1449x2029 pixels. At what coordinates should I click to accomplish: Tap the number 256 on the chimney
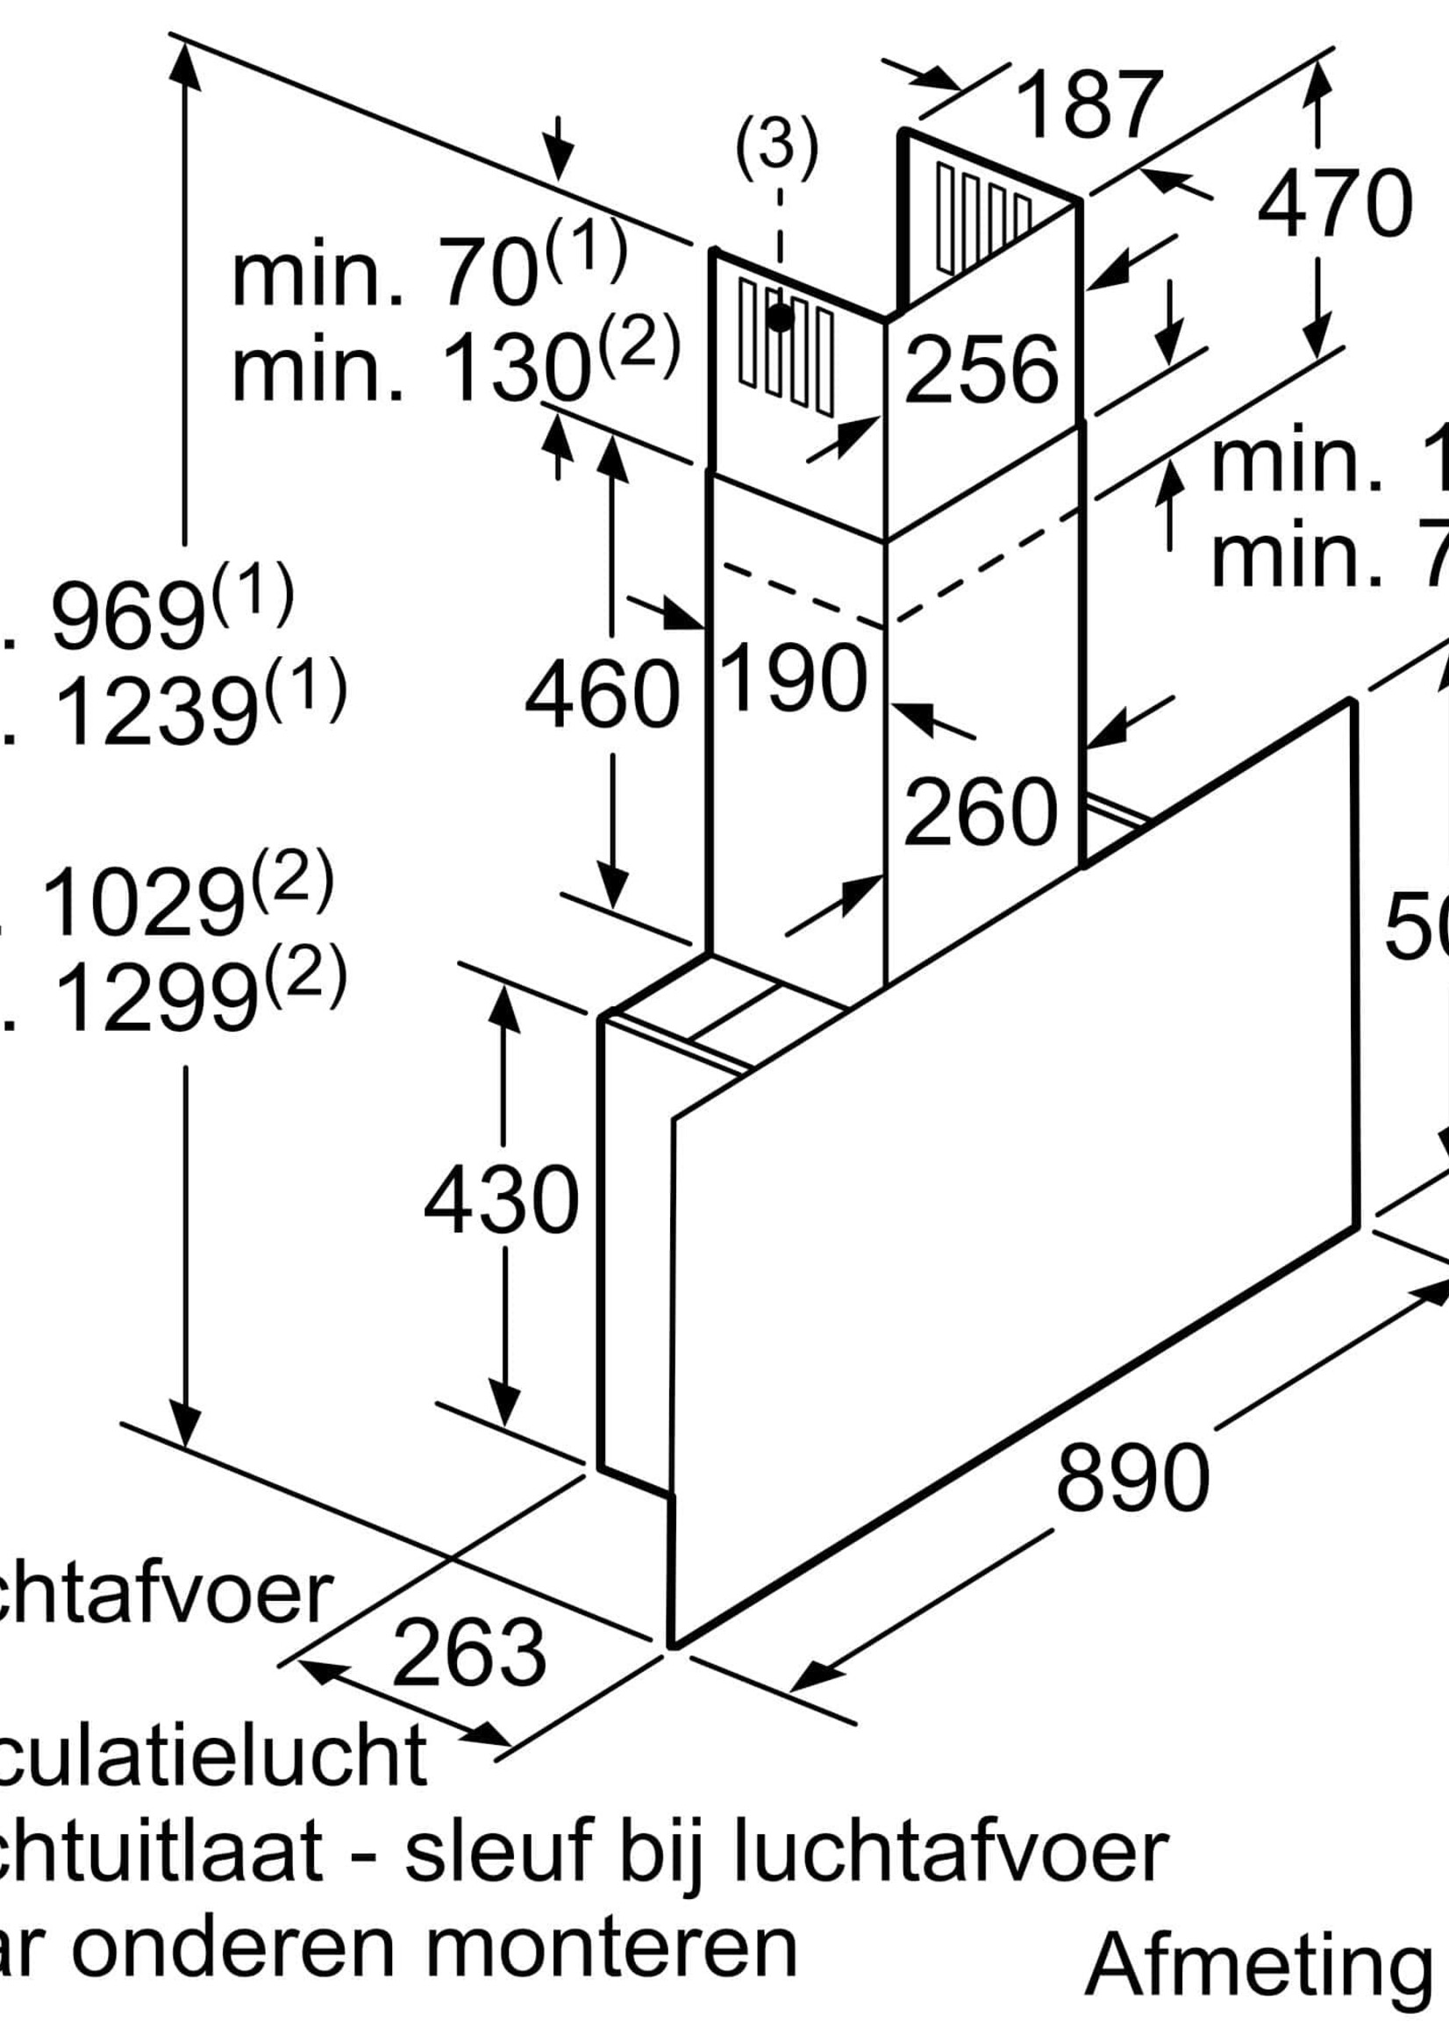(981, 368)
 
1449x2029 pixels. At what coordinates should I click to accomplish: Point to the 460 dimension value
(603, 693)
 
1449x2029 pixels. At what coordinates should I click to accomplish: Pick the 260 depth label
(981, 812)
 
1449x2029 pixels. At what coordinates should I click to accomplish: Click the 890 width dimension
(1132, 1477)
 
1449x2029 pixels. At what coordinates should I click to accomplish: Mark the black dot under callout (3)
(780, 316)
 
